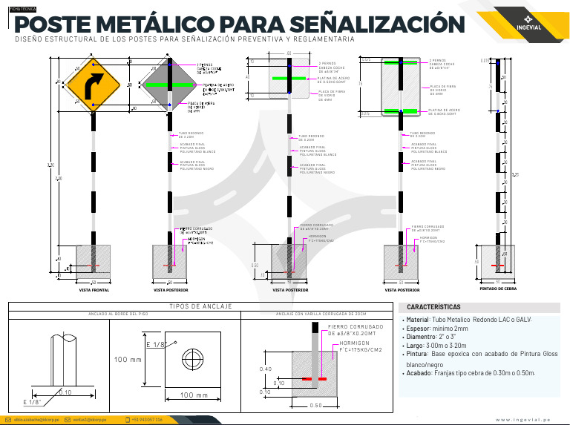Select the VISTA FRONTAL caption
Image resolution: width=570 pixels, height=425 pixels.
tap(94, 291)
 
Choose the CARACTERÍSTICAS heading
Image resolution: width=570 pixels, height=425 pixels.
tap(434, 307)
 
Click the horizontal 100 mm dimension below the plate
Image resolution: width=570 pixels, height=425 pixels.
tap(192, 395)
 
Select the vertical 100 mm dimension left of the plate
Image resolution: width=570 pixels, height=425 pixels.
tap(128, 360)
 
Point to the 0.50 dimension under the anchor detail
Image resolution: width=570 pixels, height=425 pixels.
tap(315, 406)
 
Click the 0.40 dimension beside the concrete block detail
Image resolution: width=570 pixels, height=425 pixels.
tap(264, 369)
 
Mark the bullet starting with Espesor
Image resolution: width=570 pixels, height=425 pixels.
tap(437, 328)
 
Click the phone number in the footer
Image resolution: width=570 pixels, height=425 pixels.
tap(144, 420)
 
